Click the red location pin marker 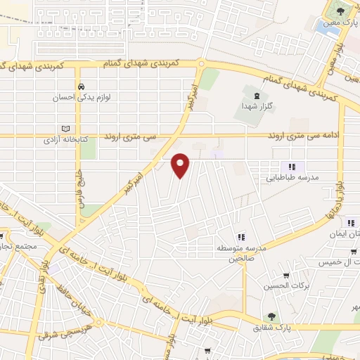(181, 165)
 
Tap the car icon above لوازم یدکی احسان (82, 86)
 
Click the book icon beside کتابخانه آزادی (65, 129)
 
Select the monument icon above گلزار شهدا (256, 94)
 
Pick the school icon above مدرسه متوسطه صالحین (240, 237)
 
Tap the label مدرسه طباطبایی (291, 178)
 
